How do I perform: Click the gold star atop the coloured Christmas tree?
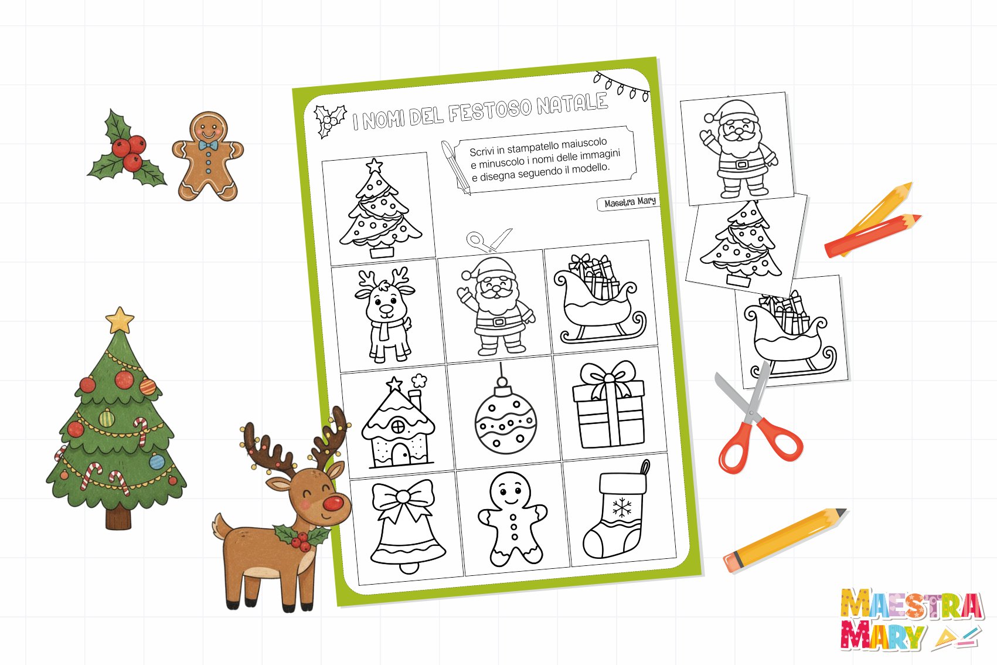(x=120, y=320)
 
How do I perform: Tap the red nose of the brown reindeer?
(x=333, y=503)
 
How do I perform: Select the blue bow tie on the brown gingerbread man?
(x=208, y=145)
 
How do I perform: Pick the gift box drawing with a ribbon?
(x=608, y=404)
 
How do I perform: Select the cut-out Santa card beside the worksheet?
(x=737, y=149)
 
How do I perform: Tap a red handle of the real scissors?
(x=781, y=442)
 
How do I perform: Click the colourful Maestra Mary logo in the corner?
(x=911, y=620)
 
